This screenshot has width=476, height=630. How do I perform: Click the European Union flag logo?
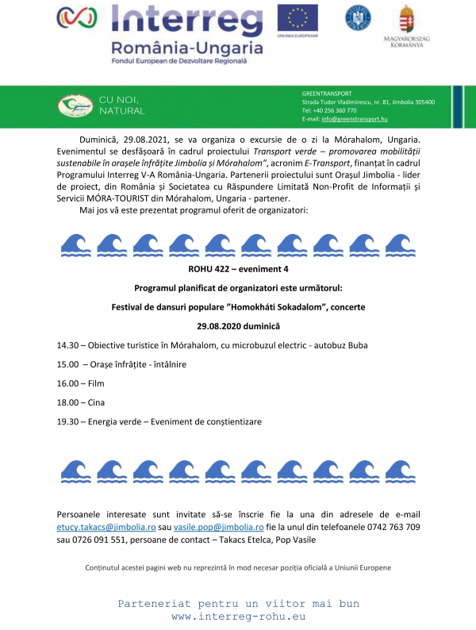point(297,17)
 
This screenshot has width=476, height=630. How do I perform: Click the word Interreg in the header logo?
point(187,20)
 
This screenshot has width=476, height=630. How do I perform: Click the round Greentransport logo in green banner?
point(75,106)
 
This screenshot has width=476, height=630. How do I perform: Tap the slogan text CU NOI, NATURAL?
point(121,105)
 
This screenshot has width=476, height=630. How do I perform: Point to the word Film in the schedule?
point(97,383)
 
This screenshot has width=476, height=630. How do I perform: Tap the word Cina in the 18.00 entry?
point(97,402)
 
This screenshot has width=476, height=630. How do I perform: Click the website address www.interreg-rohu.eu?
point(238,616)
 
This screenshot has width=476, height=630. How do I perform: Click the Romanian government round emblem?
point(358,17)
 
